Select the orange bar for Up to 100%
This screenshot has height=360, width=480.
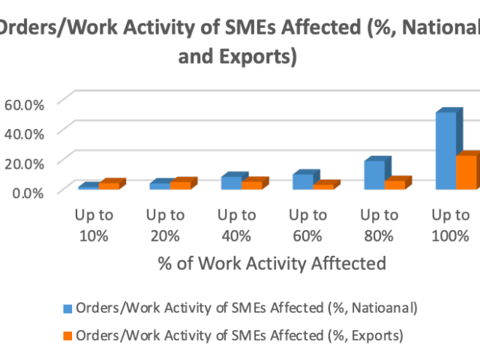click(466, 172)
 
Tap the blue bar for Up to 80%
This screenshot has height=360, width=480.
click(373, 175)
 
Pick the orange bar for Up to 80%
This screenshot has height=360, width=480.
click(394, 184)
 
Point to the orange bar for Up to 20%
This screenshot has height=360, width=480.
click(181, 184)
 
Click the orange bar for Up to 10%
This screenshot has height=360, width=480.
click(109, 185)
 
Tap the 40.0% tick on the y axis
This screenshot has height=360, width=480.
click(25, 133)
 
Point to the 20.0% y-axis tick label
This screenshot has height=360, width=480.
click(25, 162)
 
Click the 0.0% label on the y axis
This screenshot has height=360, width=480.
click(28, 192)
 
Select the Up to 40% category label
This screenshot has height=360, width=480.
click(236, 225)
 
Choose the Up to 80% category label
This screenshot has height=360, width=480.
click(379, 225)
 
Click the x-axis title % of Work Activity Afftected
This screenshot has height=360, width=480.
click(271, 264)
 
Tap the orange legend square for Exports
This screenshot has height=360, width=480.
click(67, 335)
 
